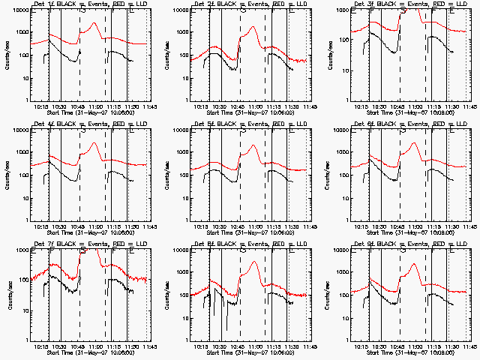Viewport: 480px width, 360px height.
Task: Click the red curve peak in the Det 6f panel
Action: pos(413,142)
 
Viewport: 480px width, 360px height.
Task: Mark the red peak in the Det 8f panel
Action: pos(254,262)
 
